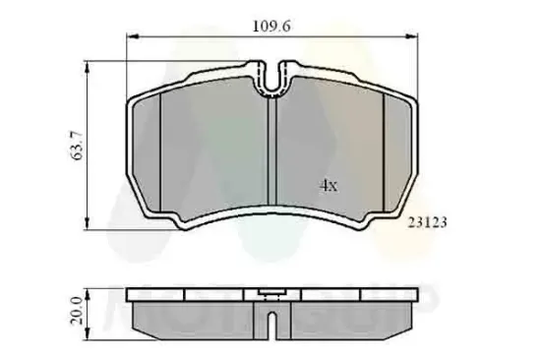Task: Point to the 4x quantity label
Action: click(x=328, y=184)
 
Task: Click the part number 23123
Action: click(x=428, y=223)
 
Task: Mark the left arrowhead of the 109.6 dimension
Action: click(x=132, y=34)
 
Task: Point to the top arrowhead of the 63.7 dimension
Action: click(x=89, y=66)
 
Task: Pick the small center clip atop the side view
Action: click(x=270, y=292)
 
